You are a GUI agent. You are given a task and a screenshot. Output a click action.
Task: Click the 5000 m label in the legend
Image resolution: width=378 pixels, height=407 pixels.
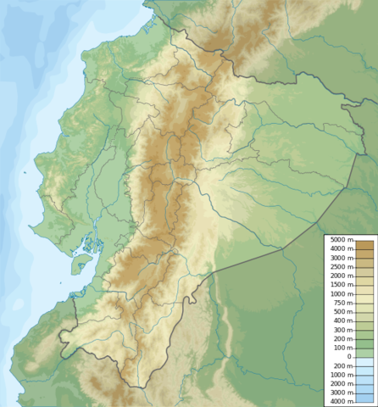coord(339,241)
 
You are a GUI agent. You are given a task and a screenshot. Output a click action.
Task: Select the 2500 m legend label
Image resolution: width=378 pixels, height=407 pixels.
coord(339,267)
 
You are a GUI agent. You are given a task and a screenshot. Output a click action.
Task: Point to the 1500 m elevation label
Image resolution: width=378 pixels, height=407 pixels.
coord(339,285)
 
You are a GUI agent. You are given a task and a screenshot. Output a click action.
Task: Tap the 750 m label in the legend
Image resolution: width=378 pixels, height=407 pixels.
coord(342,303)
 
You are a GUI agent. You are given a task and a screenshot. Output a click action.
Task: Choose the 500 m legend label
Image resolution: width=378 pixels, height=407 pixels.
coord(342,312)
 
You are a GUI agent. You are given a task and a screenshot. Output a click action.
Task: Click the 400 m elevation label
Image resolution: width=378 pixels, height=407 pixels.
coord(342,321)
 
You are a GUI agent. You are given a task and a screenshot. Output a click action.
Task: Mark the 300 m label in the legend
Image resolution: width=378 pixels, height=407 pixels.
coord(342,330)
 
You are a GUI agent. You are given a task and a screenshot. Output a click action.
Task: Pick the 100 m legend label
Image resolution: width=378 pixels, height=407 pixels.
coord(342,348)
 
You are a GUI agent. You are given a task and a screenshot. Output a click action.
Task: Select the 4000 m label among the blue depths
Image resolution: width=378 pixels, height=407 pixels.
coord(339,401)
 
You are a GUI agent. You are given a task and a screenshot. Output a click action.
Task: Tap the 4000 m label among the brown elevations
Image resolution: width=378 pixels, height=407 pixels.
coord(339,249)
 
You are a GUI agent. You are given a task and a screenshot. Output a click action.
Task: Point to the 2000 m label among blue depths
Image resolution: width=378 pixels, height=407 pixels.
coord(339,383)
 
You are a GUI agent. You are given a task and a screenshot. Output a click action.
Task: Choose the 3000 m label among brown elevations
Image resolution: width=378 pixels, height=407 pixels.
coord(339,259)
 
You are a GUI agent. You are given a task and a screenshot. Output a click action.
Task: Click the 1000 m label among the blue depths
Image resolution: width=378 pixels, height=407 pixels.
coord(339,375)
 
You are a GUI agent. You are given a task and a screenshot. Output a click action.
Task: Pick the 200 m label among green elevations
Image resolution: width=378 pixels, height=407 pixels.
coord(342,338)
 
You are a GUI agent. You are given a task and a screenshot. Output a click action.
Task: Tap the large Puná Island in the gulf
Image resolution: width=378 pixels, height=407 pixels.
coord(81,265)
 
